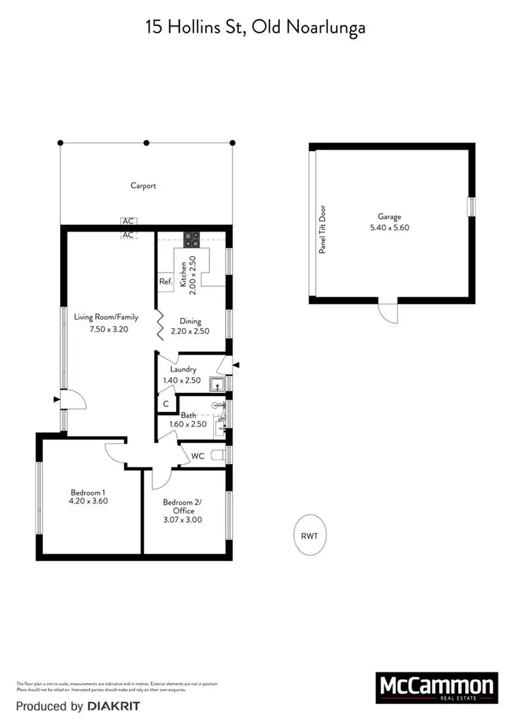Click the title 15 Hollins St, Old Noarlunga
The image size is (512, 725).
click(255, 27)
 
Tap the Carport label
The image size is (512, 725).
click(143, 185)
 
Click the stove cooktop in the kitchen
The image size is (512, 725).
click(192, 239)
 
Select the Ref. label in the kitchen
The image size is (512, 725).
click(165, 282)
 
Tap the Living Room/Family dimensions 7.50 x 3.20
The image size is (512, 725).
click(110, 329)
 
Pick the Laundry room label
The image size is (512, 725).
click(180, 370)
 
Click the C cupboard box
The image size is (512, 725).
click(166, 404)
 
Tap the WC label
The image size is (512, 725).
click(198, 455)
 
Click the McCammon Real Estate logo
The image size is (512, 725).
click(435, 687)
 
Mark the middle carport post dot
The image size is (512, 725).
click(146, 143)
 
